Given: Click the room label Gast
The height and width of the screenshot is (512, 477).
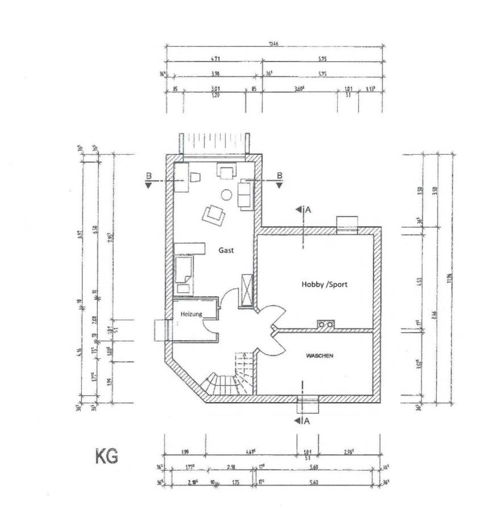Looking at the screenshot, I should (x=226, y=250).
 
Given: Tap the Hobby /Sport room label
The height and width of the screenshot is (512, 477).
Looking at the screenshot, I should (x=324, y=284).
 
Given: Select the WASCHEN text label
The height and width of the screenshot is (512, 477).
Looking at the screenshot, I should (x=319, y=356).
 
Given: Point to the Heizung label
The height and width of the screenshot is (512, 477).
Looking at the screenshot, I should (x=191, y=314).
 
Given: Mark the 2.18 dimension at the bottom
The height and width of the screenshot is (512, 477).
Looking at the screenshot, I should (x=231, y=467).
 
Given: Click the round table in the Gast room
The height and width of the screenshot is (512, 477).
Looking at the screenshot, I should (x=226, y=195).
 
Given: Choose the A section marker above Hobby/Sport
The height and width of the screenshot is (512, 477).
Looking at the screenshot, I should (x=303, y=209).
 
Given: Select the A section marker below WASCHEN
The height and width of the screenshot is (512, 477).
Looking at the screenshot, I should (x=303, y=421).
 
